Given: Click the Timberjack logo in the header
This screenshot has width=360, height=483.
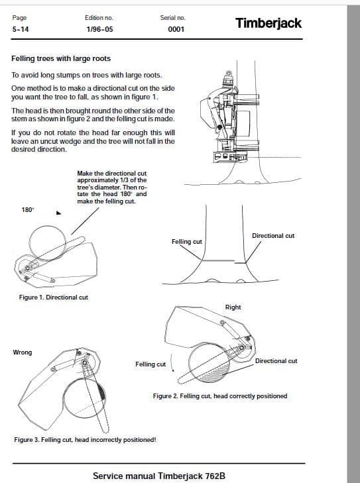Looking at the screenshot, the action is [268, 23].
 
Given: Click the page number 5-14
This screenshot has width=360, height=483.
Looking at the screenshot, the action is [21, 29].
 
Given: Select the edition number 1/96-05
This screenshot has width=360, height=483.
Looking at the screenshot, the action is [99, 29].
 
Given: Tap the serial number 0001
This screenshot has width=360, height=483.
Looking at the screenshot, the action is [176, 29].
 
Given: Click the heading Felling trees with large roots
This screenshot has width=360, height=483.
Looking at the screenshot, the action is [61, 58].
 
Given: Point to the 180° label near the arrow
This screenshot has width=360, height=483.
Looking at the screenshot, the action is [27, 210].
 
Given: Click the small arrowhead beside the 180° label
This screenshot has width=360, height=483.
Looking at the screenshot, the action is [58, 213].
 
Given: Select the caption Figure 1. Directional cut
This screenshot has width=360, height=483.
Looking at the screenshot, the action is [54, 297].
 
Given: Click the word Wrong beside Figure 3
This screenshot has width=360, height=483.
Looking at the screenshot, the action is [22, 352].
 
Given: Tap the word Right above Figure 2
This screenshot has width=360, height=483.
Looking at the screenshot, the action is [233, 307].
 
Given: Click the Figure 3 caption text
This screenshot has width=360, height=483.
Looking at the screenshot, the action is [85, 439].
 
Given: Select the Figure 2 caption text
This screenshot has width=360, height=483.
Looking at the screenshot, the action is [220, 396].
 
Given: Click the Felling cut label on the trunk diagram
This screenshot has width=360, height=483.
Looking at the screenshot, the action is [187, 242].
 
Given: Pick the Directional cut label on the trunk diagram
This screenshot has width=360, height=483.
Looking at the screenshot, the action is [273, 236].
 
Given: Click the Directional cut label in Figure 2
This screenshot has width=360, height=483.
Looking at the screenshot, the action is [276, 360].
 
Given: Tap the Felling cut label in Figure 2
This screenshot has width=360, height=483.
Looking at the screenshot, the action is [150, 364].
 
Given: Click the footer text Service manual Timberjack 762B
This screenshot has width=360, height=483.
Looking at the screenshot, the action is [159, 476].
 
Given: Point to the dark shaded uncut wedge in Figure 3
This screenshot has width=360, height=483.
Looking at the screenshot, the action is [101, 392].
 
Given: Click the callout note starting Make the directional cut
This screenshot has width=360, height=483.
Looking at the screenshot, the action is [112, 188].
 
